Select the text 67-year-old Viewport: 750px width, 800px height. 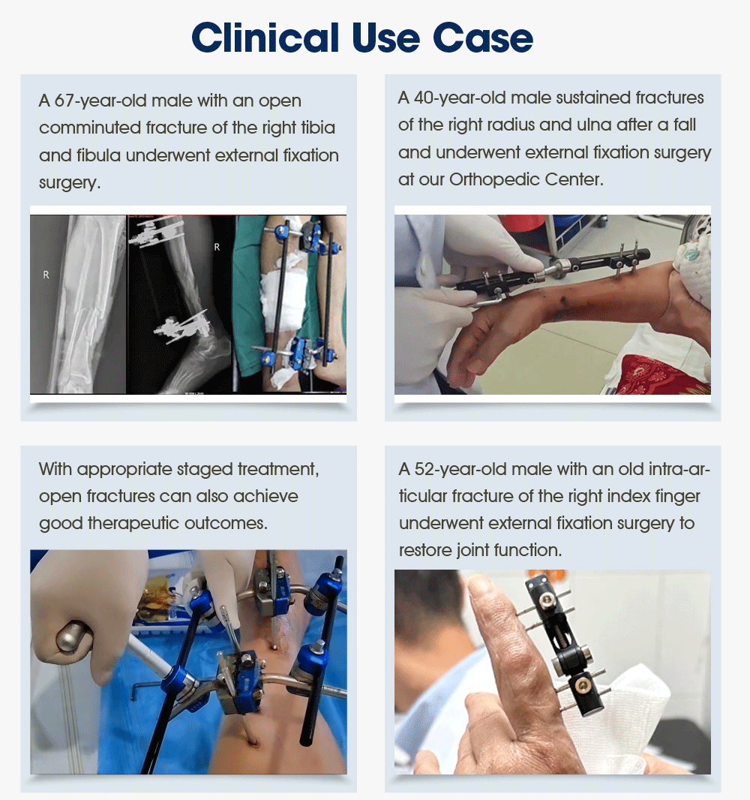(94, 101)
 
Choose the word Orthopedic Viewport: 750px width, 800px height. (488, 179)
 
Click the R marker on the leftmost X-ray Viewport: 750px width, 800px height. (46, 275)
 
